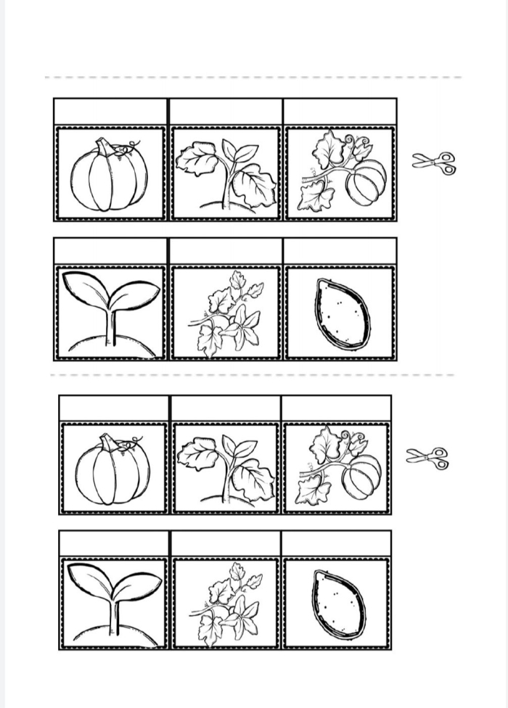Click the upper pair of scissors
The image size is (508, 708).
[x=434, y=162]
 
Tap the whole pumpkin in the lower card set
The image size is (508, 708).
[x=112, y=472]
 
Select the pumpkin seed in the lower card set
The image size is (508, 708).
[x=338, y=604]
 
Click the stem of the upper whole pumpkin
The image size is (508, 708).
[x=106, y=147]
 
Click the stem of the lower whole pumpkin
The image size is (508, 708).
[x=109, y=442]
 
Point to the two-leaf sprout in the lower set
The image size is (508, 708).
[x=115, y=598]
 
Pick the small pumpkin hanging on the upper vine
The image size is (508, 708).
[x=366, y=183]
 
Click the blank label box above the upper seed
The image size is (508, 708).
[x=340, y=251]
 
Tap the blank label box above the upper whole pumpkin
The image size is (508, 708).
[x=110, y=112]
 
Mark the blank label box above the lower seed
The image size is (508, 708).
[x=336, y=543]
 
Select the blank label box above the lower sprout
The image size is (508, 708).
[x=115, y=543]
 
